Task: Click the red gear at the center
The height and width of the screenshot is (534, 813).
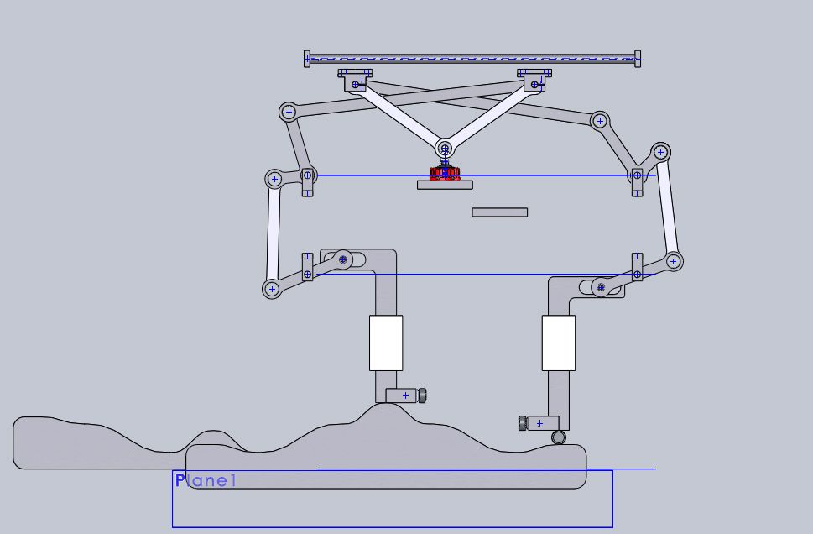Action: (445, 174)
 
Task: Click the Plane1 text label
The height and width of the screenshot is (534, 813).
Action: (206, 480)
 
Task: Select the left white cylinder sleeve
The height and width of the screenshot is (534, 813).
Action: (386, 343)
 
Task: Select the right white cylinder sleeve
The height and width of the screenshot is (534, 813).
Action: (558, 343)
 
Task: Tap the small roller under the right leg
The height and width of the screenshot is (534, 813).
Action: (559, 437)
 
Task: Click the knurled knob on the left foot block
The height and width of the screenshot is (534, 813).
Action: (422, 395)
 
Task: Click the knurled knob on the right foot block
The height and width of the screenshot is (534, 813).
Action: (522, 422)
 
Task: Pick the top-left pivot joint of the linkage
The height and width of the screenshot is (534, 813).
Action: (289, 111)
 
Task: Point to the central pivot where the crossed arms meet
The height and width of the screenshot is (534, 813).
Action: (445, 149)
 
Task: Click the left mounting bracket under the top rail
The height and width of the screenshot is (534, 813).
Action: (356, 78)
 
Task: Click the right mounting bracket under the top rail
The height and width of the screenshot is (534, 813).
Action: (534, 78)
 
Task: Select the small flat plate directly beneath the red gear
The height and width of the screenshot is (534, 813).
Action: (445, 185)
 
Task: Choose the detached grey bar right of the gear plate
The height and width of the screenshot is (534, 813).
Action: (499, 212)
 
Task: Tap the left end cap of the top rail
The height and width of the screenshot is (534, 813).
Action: (307, 58)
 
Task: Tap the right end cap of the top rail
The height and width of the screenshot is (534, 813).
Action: (638, 58)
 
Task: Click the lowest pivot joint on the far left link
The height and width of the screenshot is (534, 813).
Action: (272, 289)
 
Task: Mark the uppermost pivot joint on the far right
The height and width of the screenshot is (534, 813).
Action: (661, 152)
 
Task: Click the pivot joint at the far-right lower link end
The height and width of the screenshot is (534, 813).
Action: (673, 261)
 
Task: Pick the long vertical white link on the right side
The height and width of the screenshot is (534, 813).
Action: (668, 206)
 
